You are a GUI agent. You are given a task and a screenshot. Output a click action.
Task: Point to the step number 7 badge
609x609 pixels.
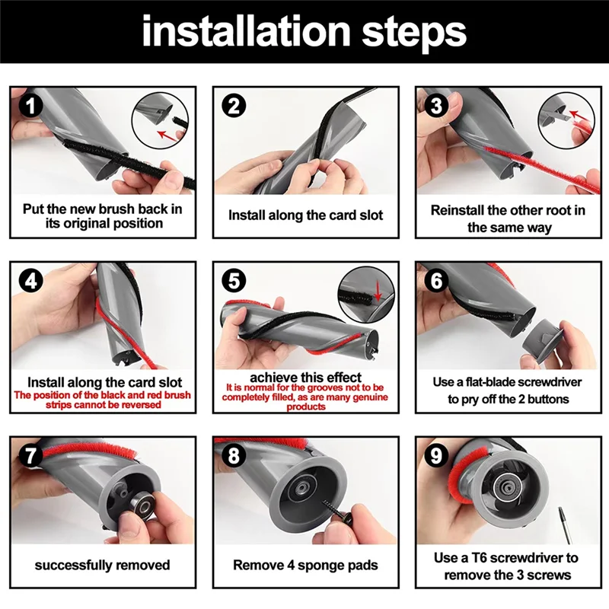click(x=30, y=455)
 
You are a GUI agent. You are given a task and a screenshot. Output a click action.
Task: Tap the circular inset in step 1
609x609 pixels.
click(x=159, y=117)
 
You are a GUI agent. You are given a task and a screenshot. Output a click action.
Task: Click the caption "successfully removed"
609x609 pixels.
click(x=103, y=565)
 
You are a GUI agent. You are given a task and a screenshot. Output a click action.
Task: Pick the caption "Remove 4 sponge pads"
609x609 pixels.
click(x=305, y=565)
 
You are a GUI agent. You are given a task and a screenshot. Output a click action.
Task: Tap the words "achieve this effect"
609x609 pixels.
click(x=305, y=378)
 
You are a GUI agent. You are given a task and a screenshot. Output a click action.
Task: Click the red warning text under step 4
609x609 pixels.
click(x=103, y=400)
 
